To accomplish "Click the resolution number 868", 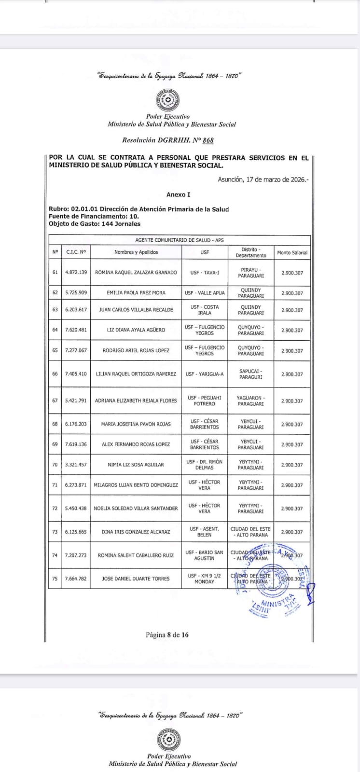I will pos(208,140).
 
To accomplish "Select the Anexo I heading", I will pos(179,194).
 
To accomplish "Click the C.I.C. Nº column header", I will pos(76,252).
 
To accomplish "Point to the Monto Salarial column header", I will pos(292,252).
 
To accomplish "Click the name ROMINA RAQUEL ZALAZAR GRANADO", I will pos(136,273).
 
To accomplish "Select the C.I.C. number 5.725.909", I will pos(76,293).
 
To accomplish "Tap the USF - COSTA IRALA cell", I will pos(204,310).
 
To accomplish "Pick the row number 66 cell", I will pos(55,374).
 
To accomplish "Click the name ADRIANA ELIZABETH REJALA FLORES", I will pos(136,401).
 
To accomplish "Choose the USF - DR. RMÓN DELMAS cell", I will pos(204,465).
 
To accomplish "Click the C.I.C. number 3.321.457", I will pos(76,465).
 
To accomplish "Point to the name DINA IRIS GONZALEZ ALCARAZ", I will pos(136,532).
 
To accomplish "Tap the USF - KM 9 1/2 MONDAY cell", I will pos(204,579).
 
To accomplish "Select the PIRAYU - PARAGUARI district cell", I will pos(250,273).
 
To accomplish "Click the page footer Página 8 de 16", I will pos(167,635).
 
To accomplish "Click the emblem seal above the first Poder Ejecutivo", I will pos(167,101).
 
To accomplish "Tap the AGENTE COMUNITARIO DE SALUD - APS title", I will pos(179,240).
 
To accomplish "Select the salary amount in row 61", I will pos(292,273).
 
